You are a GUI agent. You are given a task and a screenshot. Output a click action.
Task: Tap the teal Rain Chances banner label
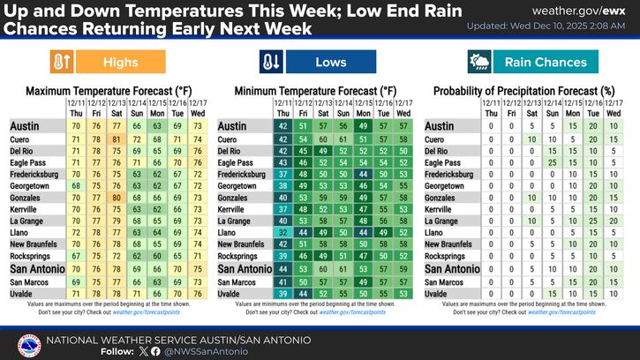click(x=545, y=63)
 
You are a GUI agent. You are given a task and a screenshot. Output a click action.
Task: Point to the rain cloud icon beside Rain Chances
click(x=480, y=63)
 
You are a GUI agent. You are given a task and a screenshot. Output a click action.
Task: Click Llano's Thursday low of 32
click(x=282, y=231)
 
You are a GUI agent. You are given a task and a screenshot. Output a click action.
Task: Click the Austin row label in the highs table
click(x=26, y=127)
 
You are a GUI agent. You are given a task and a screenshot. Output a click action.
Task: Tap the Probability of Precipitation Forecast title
click(x=523, y=91)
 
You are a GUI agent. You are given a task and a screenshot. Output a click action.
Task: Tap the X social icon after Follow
click(x=144, y=350)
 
